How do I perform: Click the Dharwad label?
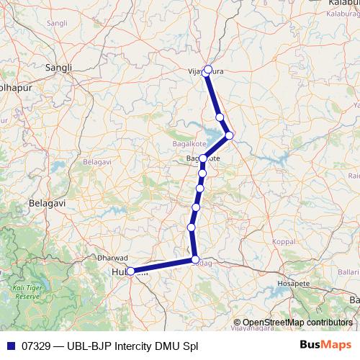point(112,257)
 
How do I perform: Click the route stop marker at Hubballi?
point(130,271)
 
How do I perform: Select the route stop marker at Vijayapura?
point(208,70)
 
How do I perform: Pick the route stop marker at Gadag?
point(195,260)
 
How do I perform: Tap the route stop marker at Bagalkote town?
point(203,158)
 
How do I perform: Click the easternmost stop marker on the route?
point(230,135)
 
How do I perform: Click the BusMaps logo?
point(326,344)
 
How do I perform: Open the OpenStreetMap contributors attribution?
point(297,322)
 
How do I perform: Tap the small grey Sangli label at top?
point(56,24)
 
